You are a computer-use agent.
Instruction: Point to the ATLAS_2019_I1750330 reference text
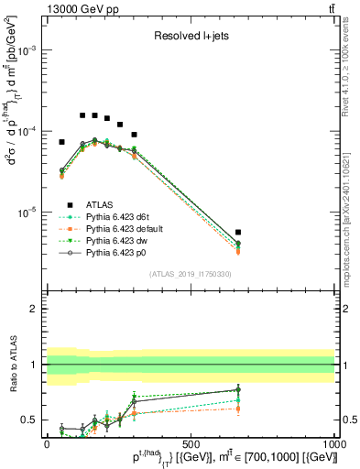[191, 274]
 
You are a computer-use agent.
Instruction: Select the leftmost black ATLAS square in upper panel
[61, 142]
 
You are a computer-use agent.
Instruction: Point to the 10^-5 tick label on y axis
[27, 213]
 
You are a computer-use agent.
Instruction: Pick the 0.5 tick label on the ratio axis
[31, 420]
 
